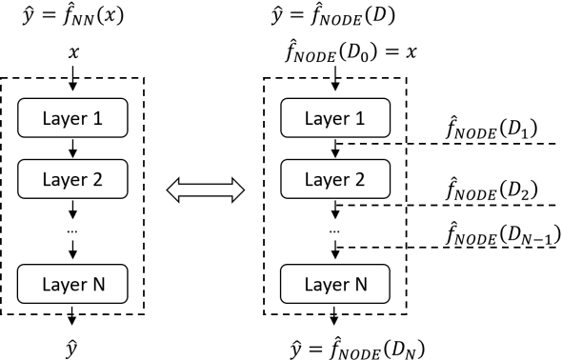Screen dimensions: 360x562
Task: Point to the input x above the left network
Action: pyautogui.click(x=72, y=50)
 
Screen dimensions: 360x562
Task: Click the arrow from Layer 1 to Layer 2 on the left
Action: pyautogui.click(x=73, y=147)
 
